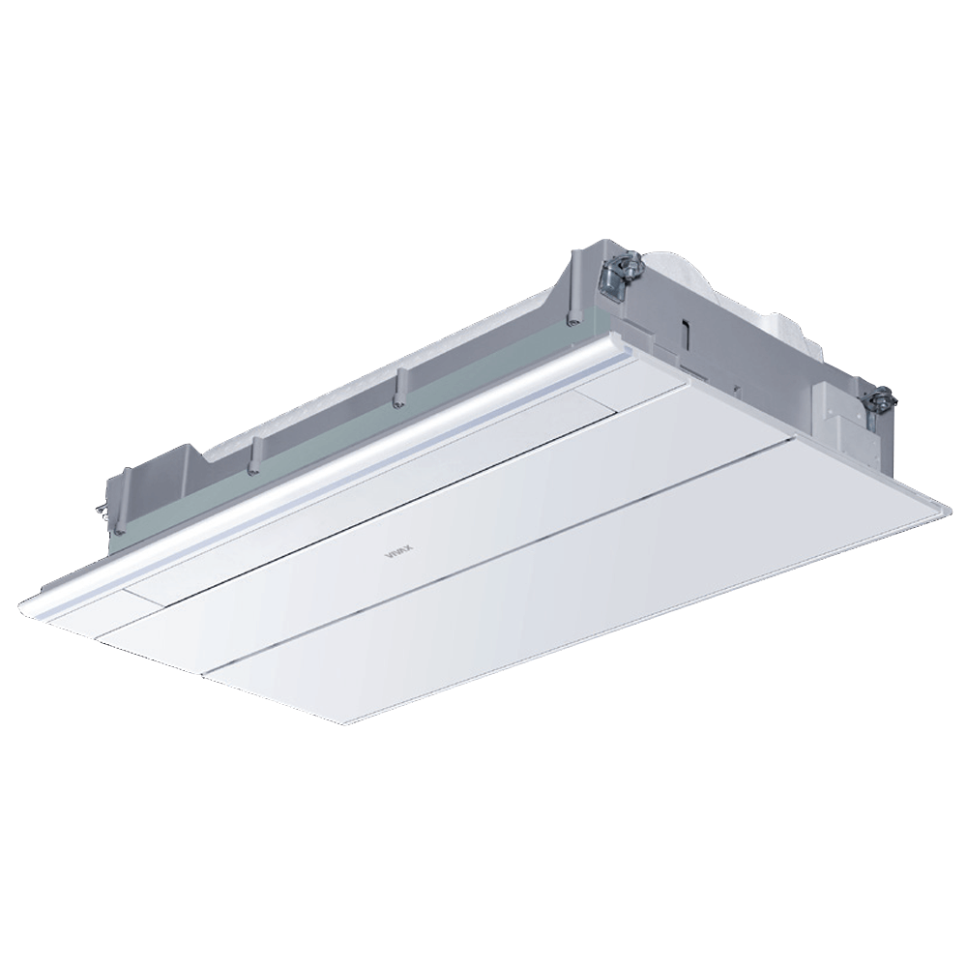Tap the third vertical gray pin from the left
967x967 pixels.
pyautogui.click(x=397, y=387)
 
